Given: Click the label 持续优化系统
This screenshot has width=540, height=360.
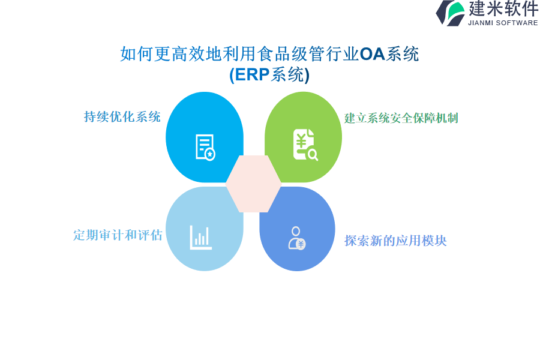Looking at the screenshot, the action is coord(122,117).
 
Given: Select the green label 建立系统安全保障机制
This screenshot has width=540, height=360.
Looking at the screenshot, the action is coord(401,118).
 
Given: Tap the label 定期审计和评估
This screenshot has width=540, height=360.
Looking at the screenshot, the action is coord(118,235).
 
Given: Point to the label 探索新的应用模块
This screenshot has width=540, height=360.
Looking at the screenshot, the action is coord(395,241).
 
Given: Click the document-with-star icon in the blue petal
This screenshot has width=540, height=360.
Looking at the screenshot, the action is coord(205,147).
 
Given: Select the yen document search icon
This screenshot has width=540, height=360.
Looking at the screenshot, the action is coord(305,145).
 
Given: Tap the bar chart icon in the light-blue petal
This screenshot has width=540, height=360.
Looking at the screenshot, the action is coord(201,238).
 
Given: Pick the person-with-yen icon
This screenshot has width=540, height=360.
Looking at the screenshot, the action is coord(297,238).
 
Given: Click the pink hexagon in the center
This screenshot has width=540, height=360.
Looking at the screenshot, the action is coord(253,184).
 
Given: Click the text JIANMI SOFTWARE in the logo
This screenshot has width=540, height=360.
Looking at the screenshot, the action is coord(503,23).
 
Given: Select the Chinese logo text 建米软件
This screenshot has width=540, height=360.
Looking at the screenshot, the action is coord(503,8).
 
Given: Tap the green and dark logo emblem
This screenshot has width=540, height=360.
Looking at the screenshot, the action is coord(451,13).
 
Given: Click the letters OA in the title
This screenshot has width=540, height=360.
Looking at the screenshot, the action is coord(372,54).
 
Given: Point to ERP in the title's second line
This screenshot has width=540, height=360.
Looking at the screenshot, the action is coord(253,74).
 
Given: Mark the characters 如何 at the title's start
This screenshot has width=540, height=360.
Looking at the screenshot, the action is coord(137,54).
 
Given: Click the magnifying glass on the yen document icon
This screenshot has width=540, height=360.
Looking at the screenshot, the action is coord(313,155).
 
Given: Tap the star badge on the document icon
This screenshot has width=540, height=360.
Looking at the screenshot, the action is coord(210,155).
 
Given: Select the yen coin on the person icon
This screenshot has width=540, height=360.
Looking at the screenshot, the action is coord(301,244).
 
